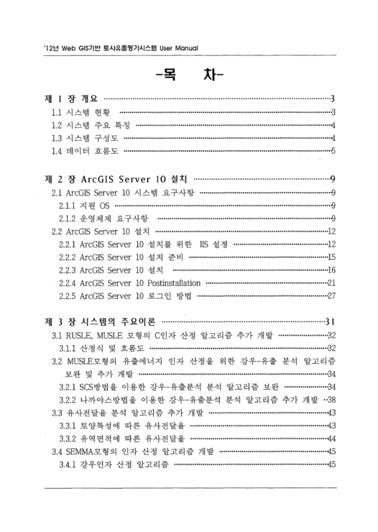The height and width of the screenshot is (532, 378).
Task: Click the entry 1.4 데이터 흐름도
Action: [x=85, y=151]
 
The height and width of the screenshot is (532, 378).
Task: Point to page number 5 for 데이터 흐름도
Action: [x=332, y=151]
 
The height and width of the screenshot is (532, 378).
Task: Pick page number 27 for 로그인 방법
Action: [x=330, y=296]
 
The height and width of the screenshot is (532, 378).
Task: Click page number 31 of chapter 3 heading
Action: [x=329, y=323]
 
